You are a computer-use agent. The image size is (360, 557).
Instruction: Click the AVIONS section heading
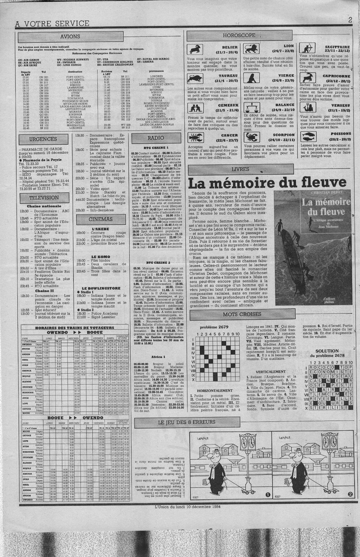[x=70, y=36]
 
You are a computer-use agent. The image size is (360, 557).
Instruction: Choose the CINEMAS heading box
[x=100, y=220]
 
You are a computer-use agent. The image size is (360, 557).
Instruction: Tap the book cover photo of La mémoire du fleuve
[x=311, y=245]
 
